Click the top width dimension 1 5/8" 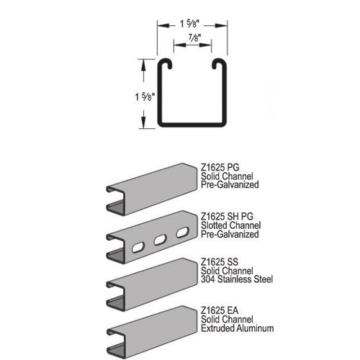(189, 24)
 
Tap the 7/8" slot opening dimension (194, 38)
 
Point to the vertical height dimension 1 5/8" (145, 97)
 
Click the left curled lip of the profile (165, 63)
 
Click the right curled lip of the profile (219, 63)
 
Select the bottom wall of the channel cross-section (192, 124)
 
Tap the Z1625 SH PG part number (227, 216)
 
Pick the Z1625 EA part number (220, 310)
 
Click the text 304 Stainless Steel (237, 279)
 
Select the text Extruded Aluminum (238, 328)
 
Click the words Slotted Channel (231, 225)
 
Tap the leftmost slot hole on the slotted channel (138, 248)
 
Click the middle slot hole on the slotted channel (160, 240)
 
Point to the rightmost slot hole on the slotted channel (183, 233)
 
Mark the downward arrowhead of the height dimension (143, 122)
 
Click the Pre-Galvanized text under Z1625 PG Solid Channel (230, 185)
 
